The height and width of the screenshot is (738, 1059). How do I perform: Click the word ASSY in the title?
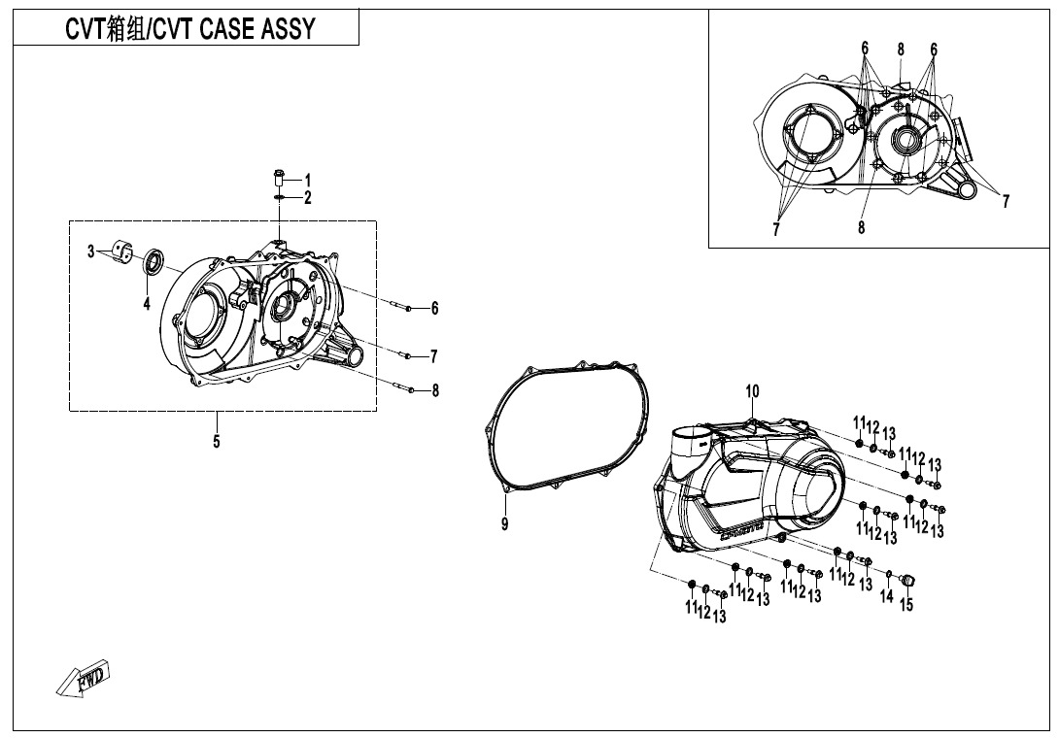click(x=287, y=29)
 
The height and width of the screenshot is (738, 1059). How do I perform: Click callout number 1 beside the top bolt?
click(x=307, y=180)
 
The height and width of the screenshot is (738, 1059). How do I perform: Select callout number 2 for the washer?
click(x=307, y=198)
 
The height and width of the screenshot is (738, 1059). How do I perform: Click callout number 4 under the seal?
click(x=146, y=305)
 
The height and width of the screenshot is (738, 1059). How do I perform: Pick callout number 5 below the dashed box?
click(x=216, y=443)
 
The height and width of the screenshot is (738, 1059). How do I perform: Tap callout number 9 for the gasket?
click(x=504, y=524)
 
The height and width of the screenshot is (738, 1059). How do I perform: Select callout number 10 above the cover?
click(x=751, y=391)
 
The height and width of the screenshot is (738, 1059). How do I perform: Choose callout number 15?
click(x=905, y=606)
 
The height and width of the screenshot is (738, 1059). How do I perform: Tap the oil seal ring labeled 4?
click(x=154, y=261)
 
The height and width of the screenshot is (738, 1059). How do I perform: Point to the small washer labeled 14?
click(x=888, y=574)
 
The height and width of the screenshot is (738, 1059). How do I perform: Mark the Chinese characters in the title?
click(x=124, y=29)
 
